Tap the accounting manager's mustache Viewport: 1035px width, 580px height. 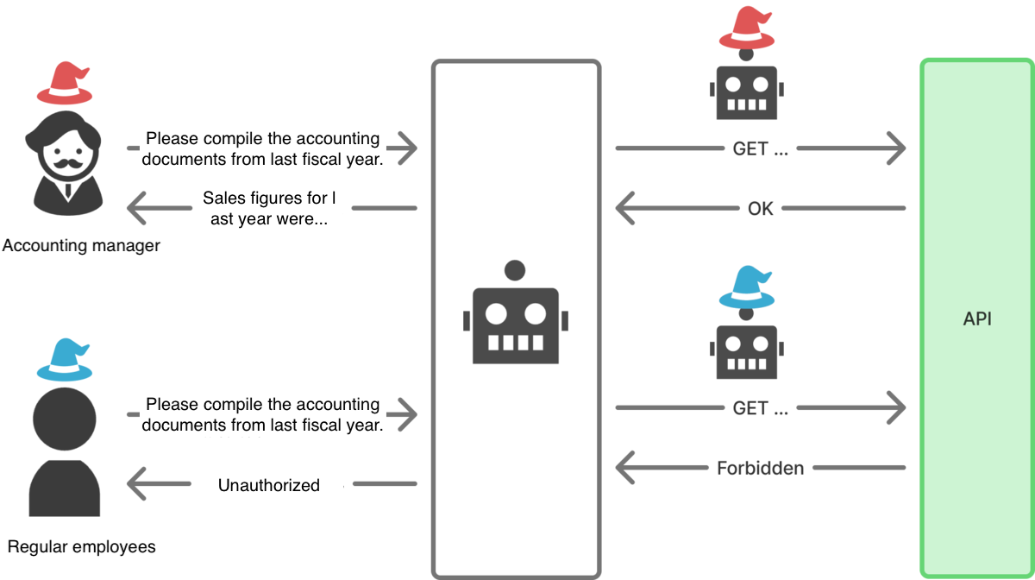[x=66, y=161]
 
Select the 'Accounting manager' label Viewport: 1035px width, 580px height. [x=81, y=246]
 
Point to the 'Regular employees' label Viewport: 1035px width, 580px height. [x=82, y=546]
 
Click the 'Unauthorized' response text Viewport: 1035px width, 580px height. [x=268, y=485]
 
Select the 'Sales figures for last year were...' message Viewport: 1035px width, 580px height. [x=268, y=209]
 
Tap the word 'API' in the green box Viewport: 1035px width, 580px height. [x=977, y=319]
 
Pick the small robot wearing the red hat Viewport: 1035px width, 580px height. [x=746, y=91]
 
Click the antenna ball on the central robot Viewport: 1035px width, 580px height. [x=516, y=270]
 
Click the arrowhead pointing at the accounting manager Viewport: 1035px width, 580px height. [x=135, y=208]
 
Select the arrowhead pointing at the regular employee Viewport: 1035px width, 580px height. [x=135, y=484]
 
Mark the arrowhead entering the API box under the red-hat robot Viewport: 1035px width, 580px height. [x=897, y=148]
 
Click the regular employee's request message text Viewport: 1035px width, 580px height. [x=262, y=415]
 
